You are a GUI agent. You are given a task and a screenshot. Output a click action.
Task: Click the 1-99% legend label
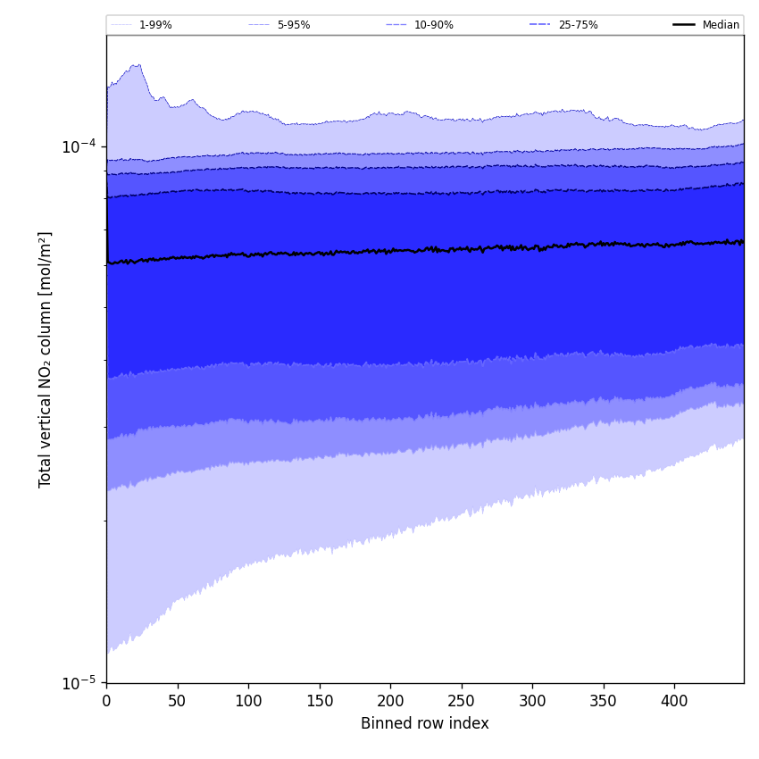[x=155, y=25]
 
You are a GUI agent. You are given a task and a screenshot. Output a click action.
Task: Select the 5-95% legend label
[x=293, y=25]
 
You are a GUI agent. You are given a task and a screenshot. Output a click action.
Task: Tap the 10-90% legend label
[x=433, y=25]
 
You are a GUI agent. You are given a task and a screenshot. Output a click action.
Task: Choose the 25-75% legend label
[x=578, y=25]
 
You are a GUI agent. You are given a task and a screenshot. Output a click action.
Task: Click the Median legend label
[x=721, y=25]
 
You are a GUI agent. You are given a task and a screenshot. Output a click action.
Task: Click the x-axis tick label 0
[x=106, y=701]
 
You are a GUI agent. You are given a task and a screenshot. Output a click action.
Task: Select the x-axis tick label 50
[x=177, y=701]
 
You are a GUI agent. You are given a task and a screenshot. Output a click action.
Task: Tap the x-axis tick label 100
[x=248, y=701]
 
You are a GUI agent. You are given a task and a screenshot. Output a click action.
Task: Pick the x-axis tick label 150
[x=319, y=701]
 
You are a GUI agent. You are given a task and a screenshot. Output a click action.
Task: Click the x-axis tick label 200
[x=390, y=701]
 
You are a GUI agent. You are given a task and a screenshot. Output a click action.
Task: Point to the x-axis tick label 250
[x=461, y=701]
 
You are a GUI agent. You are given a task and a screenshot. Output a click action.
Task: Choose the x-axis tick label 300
[x=532, y=701]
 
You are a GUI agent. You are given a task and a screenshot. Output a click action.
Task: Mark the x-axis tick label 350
[x=603, y=701]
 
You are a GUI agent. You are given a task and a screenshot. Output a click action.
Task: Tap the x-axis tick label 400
[x=674, y=701]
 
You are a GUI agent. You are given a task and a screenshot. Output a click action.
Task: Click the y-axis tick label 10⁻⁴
[x=78, y=146]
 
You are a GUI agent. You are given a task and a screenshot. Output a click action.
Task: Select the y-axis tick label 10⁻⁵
[x=78, y=682]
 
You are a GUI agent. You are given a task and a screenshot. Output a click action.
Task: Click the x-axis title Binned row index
[x=424, y=723]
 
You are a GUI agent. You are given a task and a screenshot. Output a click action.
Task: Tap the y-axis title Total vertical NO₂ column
[x=46, y=359]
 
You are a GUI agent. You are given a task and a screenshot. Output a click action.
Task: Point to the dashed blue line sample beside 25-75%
[x=540, y=25]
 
